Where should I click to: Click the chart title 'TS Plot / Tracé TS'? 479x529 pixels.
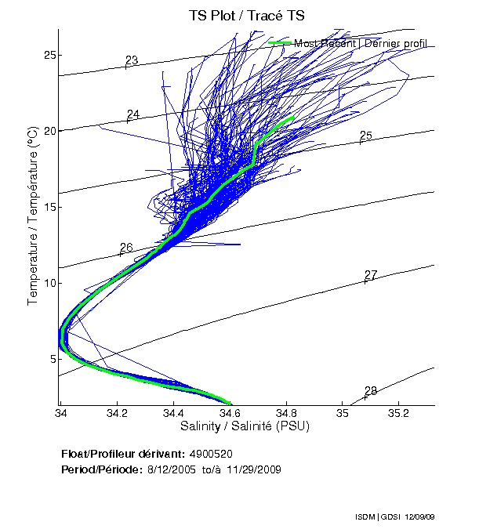click(248, 15)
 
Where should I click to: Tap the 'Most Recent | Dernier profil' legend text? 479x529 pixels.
click(360, 43)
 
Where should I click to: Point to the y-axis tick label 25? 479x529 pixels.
click(49, 55)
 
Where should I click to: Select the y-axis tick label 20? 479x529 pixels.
click(49, 131)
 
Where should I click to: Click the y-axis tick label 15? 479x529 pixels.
click(49, 207)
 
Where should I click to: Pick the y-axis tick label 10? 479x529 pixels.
click(49, 283)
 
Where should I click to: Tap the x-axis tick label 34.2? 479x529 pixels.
click(118, 413)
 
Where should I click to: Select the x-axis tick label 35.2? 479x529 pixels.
click(398, 413)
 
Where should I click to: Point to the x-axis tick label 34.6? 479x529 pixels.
click(230, 413)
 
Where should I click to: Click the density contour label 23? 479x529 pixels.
click(132, 60)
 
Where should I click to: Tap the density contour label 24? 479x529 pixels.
click(133, 114)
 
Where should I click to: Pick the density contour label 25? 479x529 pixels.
click(365, 136)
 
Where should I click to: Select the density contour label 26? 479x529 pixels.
click(126, 247)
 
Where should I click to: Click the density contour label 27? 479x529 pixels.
click(371, 274)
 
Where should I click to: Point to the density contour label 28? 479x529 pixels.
click(371, 390)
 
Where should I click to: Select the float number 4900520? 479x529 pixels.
click(211, 454)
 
